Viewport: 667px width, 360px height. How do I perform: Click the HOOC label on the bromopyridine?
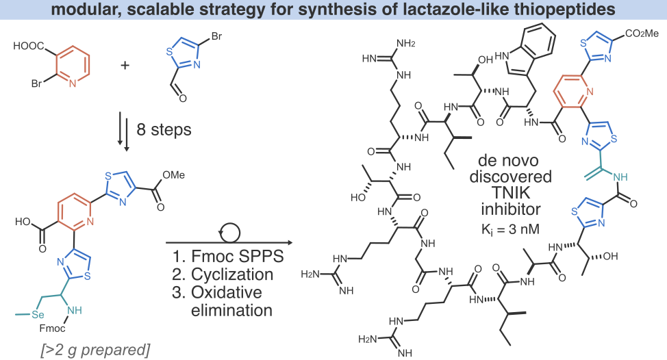pyautogui.click(x=28, y=47)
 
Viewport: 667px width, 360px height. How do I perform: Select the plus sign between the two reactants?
pyautogui.click(x=125, y=66)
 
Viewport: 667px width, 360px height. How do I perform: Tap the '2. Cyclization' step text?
pyautogui.click(x=223, y=276)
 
